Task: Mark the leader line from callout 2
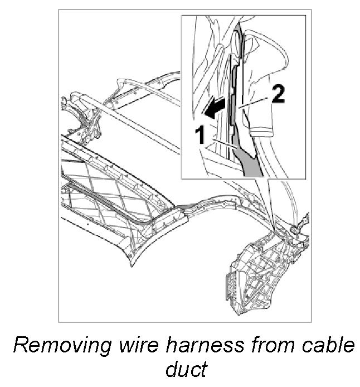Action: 255,101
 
